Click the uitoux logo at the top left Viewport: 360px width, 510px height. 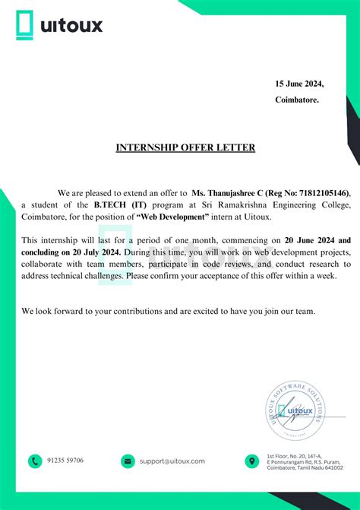tap(59, 26)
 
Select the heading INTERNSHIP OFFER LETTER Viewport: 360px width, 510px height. tap(185, 147)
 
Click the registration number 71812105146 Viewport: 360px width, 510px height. tap(324, 194)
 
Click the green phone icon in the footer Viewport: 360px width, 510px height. tap(35, 461)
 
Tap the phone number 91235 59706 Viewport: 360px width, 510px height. tap(65, 461)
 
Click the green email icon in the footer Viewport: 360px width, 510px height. tap(128, 461)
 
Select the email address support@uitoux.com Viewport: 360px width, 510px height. tap(172, 461)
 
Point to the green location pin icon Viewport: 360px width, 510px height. tap(252, 461)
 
